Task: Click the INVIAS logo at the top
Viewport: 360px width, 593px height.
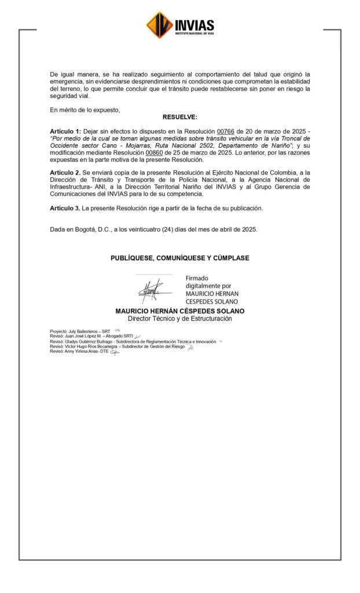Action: point(180,25)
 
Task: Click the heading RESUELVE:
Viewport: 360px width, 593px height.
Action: point(179,117)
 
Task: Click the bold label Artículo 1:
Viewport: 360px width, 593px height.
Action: point(65,132)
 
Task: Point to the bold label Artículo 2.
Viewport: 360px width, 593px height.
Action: point(65,173)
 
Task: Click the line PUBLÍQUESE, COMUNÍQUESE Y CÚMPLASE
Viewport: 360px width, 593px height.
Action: point(180,258)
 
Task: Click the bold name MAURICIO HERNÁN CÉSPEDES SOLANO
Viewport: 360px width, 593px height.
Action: point(180,311)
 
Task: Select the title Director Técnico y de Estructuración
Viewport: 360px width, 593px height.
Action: point(180,319)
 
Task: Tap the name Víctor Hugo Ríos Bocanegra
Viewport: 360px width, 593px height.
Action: point(92,346)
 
